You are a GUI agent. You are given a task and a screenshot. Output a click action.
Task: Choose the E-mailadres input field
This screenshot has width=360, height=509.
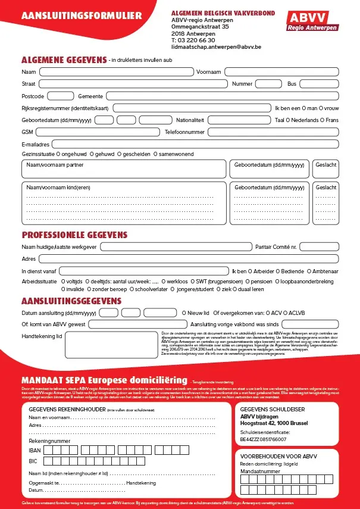(196, 143)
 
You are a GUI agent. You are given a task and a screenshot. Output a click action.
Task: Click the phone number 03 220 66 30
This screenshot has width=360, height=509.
(199, 39)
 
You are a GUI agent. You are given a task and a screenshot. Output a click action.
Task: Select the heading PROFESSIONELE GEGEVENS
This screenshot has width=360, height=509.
(74, 234)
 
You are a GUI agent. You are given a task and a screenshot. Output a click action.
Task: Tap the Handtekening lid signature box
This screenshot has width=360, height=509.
(111, 345)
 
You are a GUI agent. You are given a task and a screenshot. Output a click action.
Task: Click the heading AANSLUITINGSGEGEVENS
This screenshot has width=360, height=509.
(71, 301)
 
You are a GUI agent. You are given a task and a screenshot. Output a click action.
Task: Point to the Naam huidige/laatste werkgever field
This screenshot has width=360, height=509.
(177, 246)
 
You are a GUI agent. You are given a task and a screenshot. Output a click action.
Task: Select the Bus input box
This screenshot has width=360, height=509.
(320, 84)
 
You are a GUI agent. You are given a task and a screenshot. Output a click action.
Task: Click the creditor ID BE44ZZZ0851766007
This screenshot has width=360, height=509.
(263, 439)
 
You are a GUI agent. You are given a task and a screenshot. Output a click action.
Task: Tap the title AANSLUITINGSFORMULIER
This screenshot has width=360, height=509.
(82, 15)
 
